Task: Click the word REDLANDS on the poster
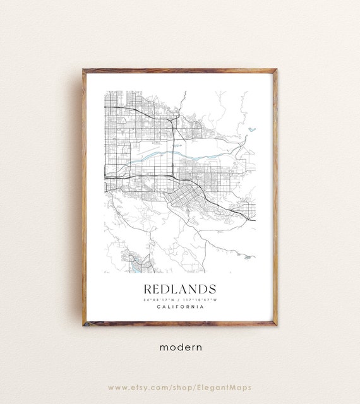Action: tap(180, 288)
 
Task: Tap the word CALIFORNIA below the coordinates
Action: tap(180, 307)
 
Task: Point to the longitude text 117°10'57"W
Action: tap(201, 299)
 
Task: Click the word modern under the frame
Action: tap(180, 347)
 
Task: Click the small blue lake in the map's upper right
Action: tap(252, 129)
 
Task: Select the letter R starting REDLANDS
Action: tap(148, 288)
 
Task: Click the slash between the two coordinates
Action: tap(179, 299)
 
